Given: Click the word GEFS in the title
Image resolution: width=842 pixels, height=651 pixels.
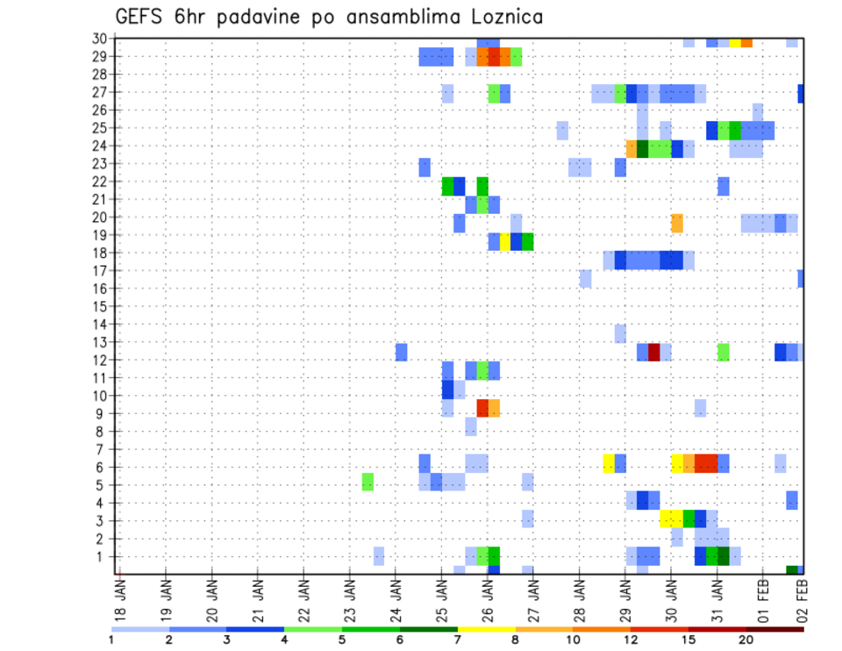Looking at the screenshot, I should (x=141, y=17).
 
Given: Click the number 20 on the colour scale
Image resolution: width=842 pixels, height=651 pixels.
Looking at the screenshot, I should (x=746, y=640).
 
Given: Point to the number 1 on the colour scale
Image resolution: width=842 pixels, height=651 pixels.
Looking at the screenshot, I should (x=111, y=640).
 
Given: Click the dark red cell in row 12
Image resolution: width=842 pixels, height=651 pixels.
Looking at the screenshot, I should (x=654, y=352).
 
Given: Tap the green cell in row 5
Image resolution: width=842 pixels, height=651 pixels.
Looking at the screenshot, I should (x=367, y=482).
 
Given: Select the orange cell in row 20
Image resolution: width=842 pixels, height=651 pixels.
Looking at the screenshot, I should (x=677, y=223).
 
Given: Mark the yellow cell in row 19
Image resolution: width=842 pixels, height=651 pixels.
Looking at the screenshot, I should (x=505, y=241).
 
